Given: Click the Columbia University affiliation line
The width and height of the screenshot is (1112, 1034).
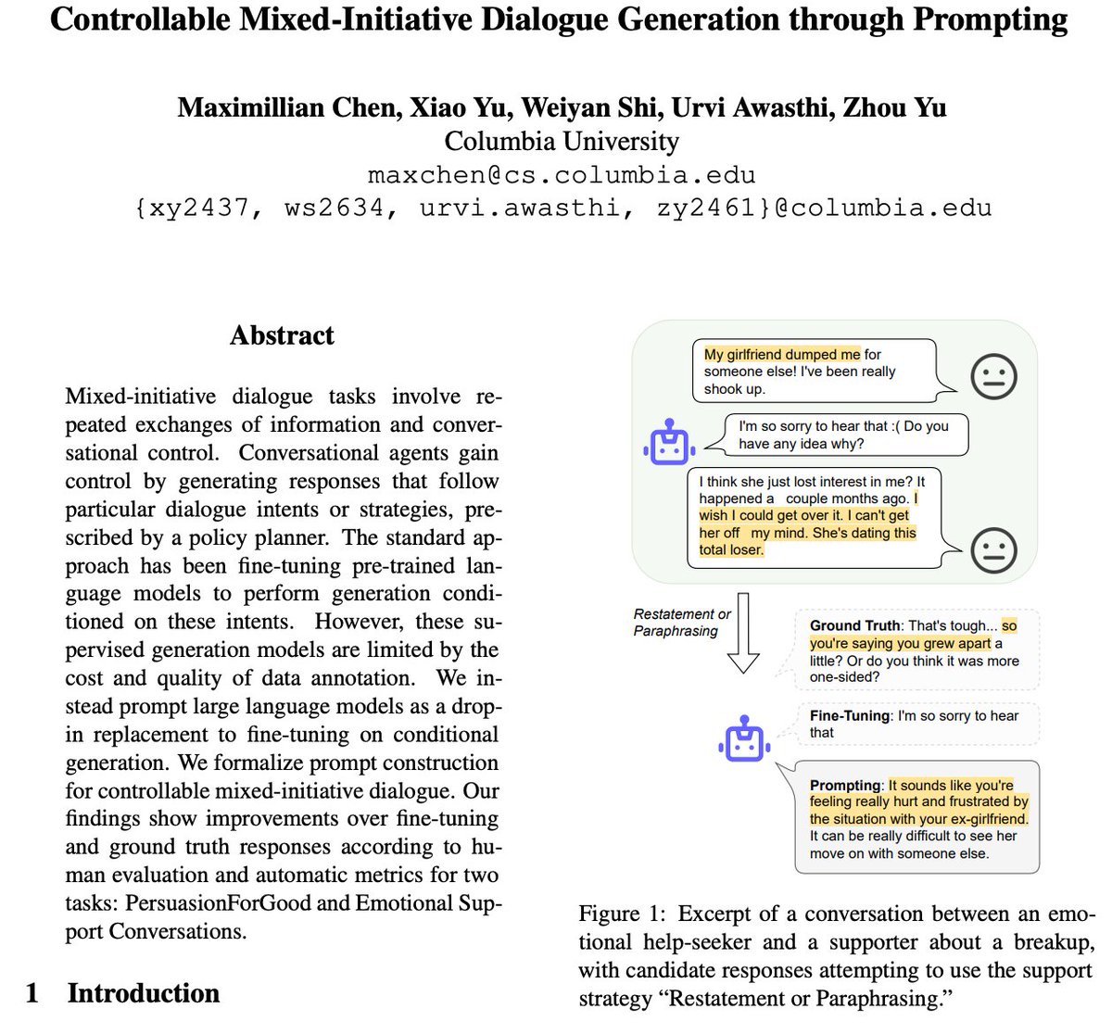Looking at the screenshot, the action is coord(562,141).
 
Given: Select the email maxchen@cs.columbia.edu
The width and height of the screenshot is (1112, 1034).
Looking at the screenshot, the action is coord(562,174).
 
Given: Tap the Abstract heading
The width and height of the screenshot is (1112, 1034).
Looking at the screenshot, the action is coord(282,334).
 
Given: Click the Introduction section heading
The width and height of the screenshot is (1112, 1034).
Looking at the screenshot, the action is coord(143,993).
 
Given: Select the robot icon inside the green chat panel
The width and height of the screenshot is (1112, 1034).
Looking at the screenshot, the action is coord(669,443).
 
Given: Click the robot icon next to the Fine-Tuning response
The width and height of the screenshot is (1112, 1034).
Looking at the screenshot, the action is coord(744,739).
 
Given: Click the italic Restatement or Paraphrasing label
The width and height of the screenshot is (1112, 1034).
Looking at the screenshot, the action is coord(682,623).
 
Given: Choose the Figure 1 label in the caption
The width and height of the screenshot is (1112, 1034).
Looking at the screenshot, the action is coord(617,914).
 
